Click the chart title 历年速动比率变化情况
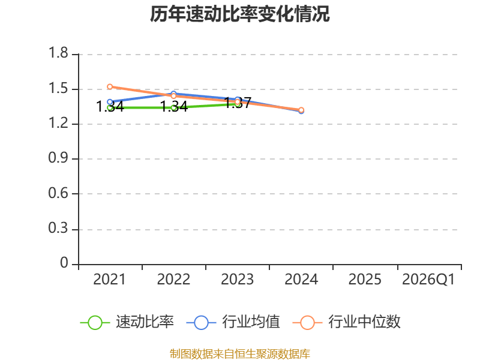tap(239, 14)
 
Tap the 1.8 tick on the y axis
tap(58, 53)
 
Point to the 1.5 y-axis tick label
tap(58, 88)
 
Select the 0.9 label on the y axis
tap(58, 158)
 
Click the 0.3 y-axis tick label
tap(58, 228)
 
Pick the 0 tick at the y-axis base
tap(64, 263)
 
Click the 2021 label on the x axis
tap(109, 279)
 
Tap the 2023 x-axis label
tap(237, 279)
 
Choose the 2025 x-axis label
tap(365, 279)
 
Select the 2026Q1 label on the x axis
tap(428, 279)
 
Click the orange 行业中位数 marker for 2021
tap(110, 86)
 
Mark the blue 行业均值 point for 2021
tap(110, 102)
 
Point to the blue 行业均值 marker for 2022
tap(173, 94)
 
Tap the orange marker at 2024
tap(301, 110)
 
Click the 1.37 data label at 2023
tap(238, 103)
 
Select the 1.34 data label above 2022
tap(174, 107)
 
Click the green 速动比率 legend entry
tap(127, 322)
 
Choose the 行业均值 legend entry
tap(233, 322)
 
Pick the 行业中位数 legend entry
tap(347, 322)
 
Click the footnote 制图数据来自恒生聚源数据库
tap(240, 353)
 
